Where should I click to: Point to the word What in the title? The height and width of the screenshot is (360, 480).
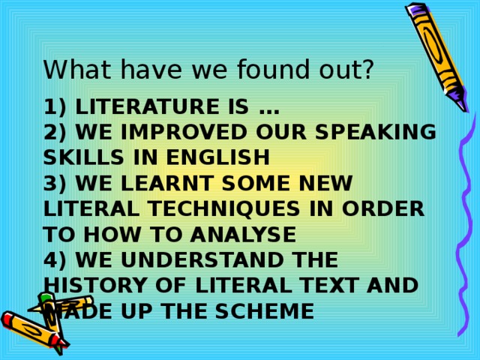click(x=70, y=70)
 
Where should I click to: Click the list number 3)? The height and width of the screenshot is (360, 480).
click(x=56, y=184)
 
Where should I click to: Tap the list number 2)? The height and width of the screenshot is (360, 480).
click(x=56, y=133)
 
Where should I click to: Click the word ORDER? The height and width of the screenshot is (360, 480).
click(x=388, y=209)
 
